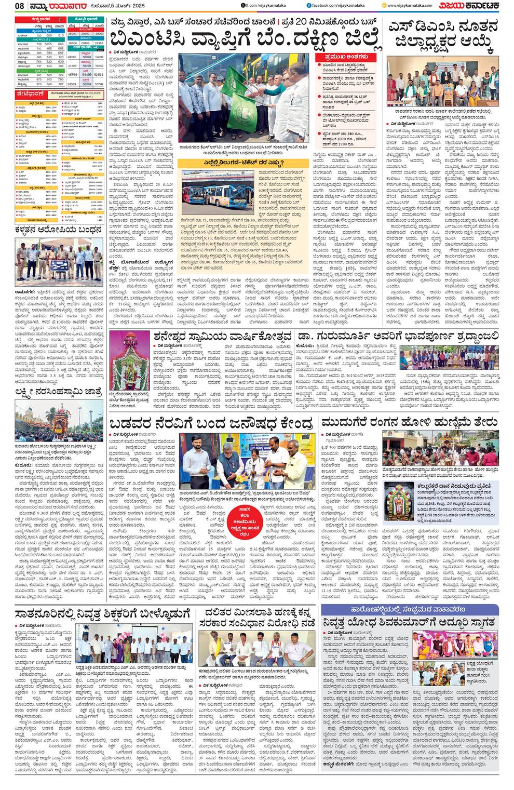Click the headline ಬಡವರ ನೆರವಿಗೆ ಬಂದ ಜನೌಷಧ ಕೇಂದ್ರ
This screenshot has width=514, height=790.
click(x=212, y=422)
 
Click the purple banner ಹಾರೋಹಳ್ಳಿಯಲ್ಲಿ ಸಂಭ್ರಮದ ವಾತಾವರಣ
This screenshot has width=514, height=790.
click(x=410, y=609)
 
